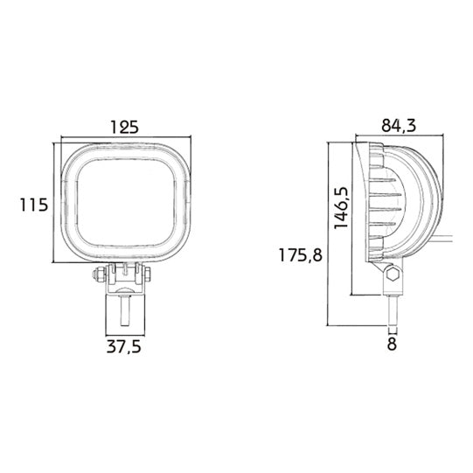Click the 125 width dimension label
[124, 127]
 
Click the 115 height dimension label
[34, 205]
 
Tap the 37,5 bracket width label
[124, 347]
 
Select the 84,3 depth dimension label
[399, 126]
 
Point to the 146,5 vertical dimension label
[341, 208]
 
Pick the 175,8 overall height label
[301, 255]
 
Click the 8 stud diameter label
[392, 344]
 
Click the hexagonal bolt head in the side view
[393, 274]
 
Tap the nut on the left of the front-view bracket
[98, 275]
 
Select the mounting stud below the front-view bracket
[125, 310]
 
